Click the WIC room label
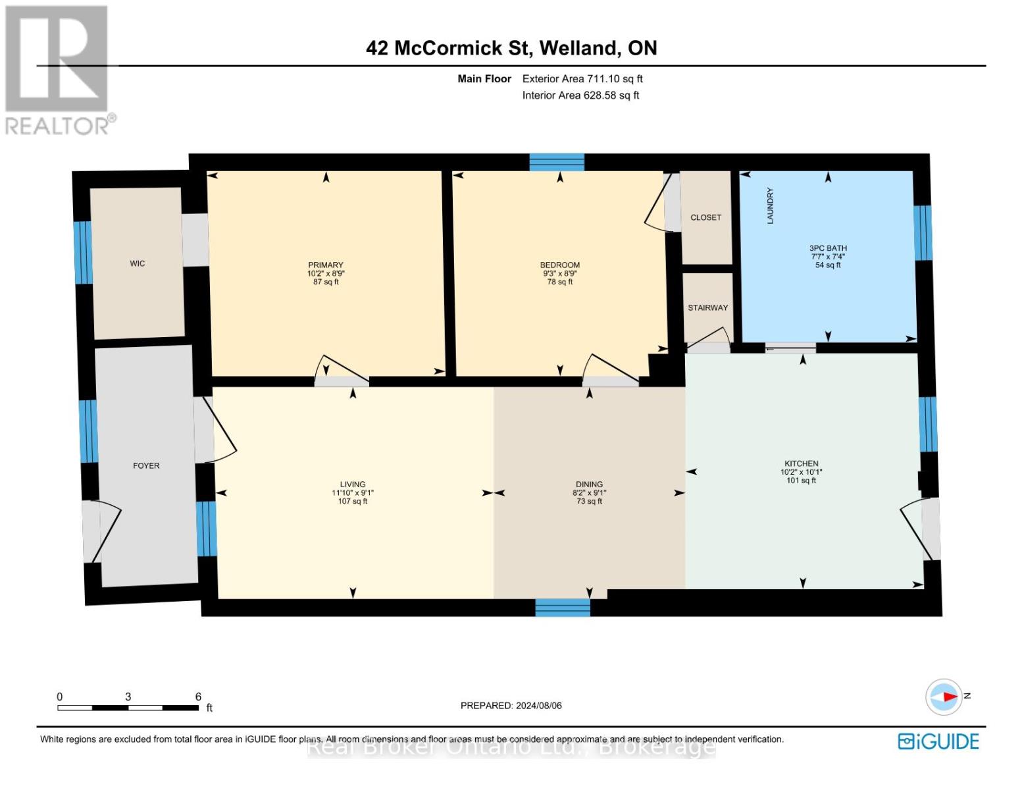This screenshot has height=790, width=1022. (138, 263)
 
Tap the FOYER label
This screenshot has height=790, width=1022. (146, 465)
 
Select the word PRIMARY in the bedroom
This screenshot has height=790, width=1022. (326, 265)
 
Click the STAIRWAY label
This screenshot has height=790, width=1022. (707, 307)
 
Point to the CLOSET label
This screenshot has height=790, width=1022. (705, 217)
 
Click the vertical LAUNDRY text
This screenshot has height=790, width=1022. (770, 205)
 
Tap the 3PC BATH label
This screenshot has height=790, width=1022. (828, 248)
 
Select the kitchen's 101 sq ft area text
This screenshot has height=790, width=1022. (801, 481)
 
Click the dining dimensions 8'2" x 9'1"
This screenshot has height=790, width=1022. (589, 492)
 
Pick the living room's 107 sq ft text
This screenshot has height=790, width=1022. (352, 501)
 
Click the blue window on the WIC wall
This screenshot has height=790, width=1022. (83, 253)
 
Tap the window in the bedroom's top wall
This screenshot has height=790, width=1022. (556, 163)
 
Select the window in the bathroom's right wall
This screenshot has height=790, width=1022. (923, 233)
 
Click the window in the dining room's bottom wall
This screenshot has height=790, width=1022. (563, 608)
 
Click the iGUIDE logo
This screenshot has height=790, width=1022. (938, 742)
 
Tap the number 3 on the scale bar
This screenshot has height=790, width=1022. (128, 697)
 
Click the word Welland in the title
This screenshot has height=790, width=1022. (578, 48)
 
